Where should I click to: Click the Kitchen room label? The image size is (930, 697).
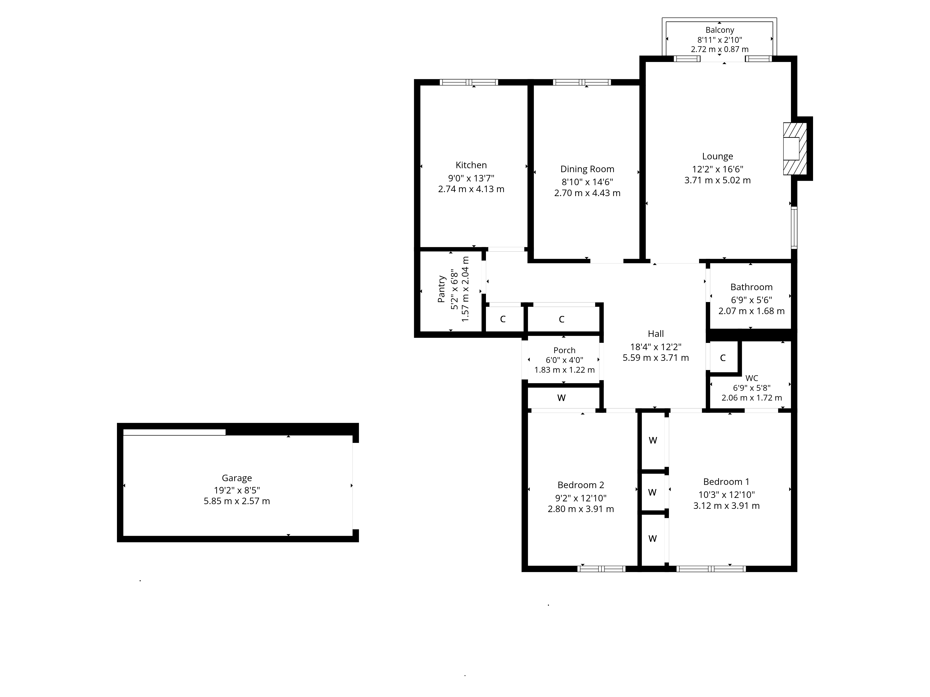(471, 165)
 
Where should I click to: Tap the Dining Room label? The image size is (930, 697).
(587, 169)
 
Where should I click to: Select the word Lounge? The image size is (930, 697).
(717, 156)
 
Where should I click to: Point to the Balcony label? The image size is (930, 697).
(719, 30)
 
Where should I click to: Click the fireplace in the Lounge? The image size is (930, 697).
(794, 149)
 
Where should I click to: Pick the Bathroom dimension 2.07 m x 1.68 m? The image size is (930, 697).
(751, 311)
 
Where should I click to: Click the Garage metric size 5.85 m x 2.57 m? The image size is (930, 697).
(237, 501)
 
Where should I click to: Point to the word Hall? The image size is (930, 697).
(655, 334)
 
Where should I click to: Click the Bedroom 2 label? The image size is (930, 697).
(581, 485)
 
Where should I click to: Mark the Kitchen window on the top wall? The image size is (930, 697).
(469, 82)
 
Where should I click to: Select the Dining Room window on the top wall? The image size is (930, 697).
(582, 82)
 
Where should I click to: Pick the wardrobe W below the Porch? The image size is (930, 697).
(561, 398)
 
